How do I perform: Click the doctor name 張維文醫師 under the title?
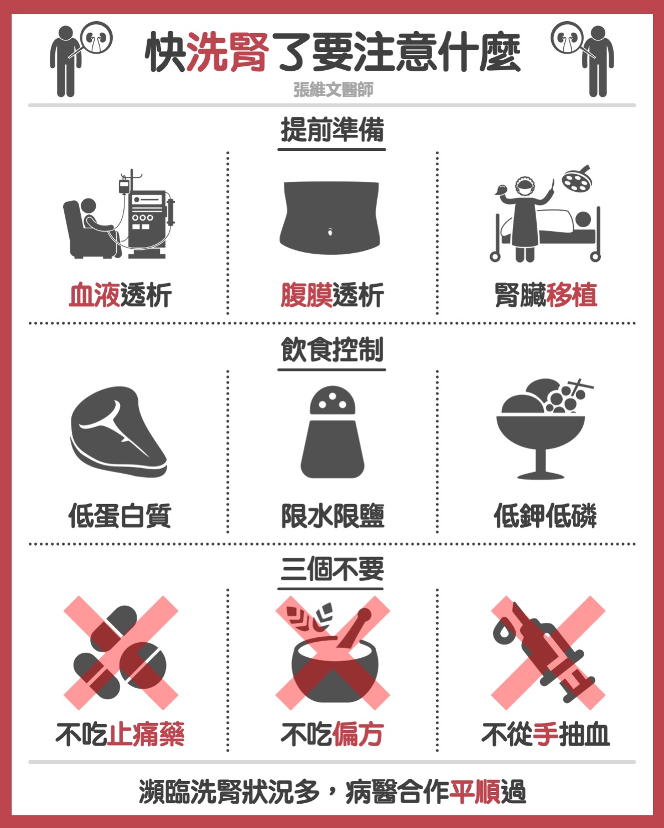tap(333, 90)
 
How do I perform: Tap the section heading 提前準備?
tap(332, 130)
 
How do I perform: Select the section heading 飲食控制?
tap(332, 350)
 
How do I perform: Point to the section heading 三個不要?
tap(332, 569)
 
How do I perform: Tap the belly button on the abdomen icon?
tap(330, 232)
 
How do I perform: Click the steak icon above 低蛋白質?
tap(118, 432)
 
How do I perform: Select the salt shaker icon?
tap(333, 432)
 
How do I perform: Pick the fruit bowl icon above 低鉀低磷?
tap(544, 428)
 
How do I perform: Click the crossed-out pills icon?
tap(121, 653)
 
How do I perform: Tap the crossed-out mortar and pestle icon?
tap(333, 653)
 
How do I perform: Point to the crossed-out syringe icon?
tap(548, 653)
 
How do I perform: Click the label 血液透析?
tap(120, 296)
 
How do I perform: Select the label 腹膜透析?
tap(332, 296)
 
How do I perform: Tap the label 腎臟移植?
tap(546, 296)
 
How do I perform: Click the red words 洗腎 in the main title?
tap(228, 52)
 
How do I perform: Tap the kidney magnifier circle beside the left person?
tap(97, 38)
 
